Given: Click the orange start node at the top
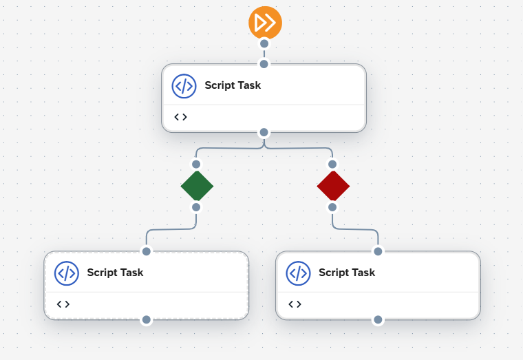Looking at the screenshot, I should [265, 23].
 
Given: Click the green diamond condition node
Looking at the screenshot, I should [197, 186].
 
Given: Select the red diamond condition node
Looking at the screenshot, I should [333, 186].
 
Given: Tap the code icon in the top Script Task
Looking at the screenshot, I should [184, 86].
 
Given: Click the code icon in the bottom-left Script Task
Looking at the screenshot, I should [66, 273].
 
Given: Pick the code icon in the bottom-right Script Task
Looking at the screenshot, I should [298, 273].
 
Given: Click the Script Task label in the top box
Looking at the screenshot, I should [233, 86].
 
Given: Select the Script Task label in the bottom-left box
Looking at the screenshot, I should [115, 273].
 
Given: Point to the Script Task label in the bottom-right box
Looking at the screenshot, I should [347, 273].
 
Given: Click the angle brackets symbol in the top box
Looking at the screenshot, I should [180, 117].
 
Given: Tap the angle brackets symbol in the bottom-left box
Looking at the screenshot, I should [63, 304].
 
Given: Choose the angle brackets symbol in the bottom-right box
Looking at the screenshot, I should [295, 304].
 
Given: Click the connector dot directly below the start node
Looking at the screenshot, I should [264, 43].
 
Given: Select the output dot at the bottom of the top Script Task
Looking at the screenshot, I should [264, 132].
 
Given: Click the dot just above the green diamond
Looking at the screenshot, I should [196, 165].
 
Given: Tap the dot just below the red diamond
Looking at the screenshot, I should [332, 207].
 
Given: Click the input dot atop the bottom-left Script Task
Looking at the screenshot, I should [146, 251].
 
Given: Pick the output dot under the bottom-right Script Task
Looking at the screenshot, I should [378, 319].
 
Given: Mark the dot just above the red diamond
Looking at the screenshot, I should [332, 165].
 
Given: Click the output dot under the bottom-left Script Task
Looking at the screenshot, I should [146, 319].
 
